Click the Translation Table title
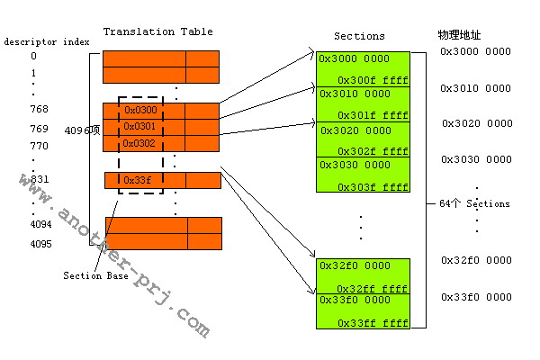157,31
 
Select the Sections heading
359,36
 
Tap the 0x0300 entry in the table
139,111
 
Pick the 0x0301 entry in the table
139,126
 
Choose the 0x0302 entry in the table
139,143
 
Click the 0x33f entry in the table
137,180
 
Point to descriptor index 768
39,109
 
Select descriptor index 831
39,179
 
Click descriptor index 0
33,56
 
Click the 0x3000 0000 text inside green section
354,58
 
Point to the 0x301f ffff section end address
373,115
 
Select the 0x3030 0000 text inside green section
354,165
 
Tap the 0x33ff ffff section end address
373,323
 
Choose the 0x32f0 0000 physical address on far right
475,260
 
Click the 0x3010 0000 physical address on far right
475,87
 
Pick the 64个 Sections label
474,203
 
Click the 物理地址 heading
459,34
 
